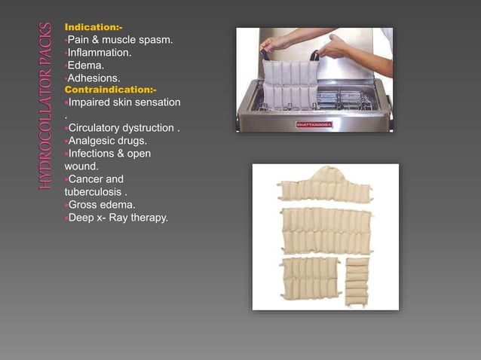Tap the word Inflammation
click(x=100, y=53)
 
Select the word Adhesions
click(x=93, y=78)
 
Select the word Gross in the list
click(x=83, y=205)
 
